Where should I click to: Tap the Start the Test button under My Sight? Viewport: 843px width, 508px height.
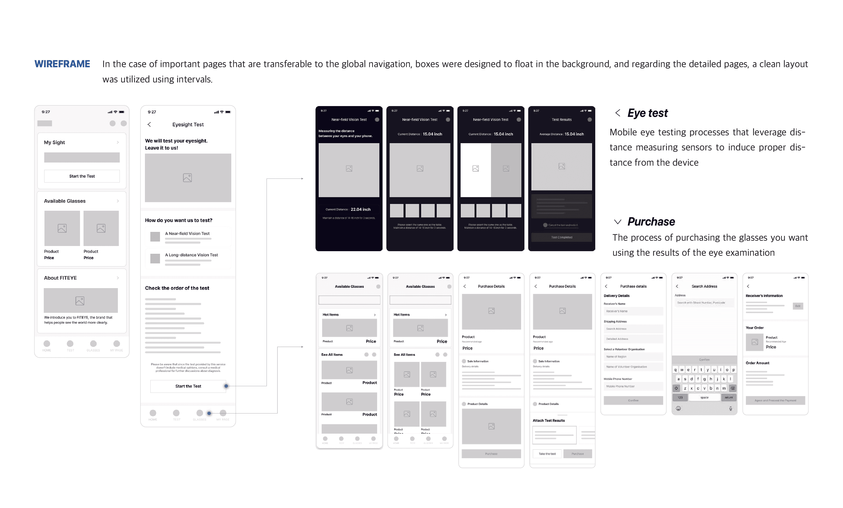click(x=82, y=176)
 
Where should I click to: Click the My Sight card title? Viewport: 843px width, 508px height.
click(x=54, y=142)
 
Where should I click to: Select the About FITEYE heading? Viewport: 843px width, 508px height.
click(x=60, y=278)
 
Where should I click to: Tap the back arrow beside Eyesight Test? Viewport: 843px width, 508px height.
click(x=149, y=124)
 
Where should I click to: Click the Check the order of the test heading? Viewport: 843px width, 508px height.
click(x=177, y=288)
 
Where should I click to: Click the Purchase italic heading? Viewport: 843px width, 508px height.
click(x=651, y=222)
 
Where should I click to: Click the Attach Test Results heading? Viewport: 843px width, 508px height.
click(x=548, y=421)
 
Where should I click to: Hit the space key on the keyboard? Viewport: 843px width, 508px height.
click(x=704, y=397)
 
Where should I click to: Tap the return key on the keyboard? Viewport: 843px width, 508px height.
click(x=729, y=397)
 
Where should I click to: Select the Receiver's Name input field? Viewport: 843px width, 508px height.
click(x=633, y=311)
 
